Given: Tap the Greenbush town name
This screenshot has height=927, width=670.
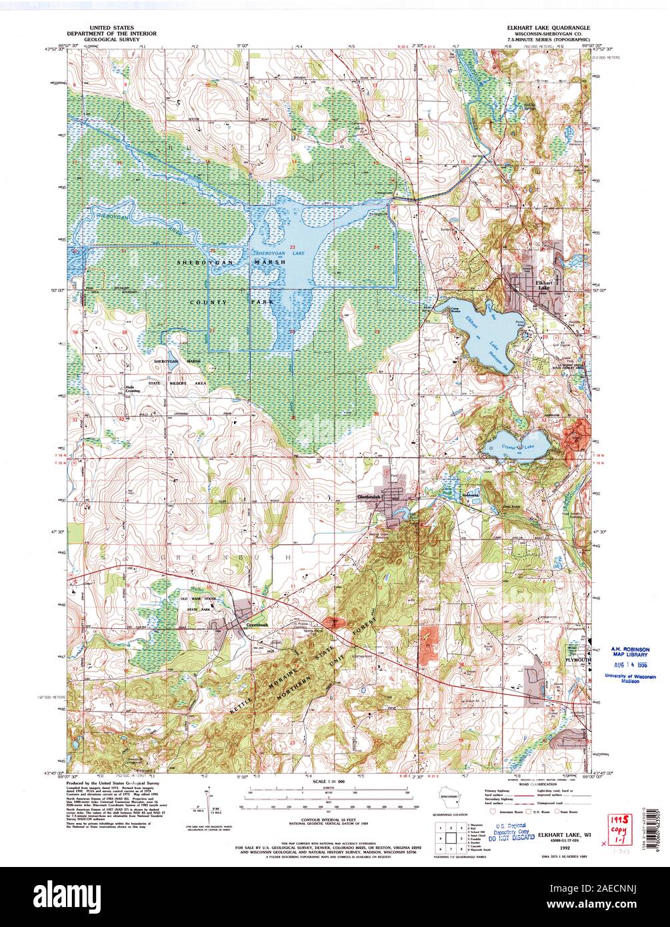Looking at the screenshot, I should point(257,625).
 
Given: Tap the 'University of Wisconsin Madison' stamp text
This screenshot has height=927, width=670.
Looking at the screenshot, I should point(630,679).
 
